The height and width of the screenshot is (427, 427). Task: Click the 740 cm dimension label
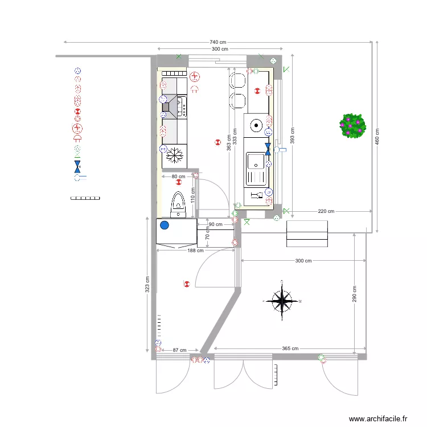point(218,42)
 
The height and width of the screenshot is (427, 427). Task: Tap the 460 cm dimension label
point(377,137)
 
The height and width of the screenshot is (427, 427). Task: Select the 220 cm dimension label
point(326,211)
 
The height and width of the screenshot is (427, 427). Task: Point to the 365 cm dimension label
point(290,348)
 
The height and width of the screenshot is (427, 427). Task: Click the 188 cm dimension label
point(195,251)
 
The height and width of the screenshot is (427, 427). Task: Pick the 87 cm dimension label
point(179,350)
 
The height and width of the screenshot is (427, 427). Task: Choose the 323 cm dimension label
point(147,285)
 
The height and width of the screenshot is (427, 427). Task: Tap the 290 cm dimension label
point(354,294)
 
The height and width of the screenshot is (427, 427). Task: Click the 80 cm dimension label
point(178,176)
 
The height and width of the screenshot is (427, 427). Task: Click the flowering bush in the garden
point(352,126)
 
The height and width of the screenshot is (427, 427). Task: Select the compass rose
point(282,301)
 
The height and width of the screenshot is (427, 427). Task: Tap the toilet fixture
point(178,204)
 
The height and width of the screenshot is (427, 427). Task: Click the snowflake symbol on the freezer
point(175,155)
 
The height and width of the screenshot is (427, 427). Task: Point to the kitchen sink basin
point(256,161)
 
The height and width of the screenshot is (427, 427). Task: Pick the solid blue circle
point(165,225)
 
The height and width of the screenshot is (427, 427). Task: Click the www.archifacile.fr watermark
point(378,418)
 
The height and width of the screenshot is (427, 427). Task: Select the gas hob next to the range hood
point(182,106)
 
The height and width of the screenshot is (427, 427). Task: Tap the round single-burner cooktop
point(256,126)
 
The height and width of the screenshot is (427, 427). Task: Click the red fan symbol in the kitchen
point(195,76)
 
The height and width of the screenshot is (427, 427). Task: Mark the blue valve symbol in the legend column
point(77,167)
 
